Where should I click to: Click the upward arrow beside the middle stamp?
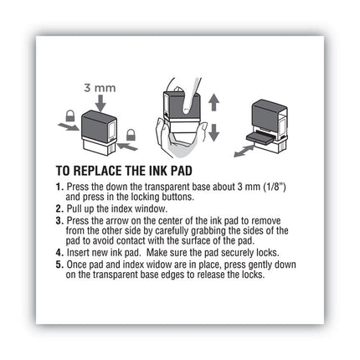pyautogui.click(x=213, y=105)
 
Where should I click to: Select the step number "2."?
pyautogui.click(x=59, y=205)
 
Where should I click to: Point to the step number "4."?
pyautogui.click(x=59, y=250)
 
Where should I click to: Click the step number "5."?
pyautogui.click(x=59, y=262)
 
